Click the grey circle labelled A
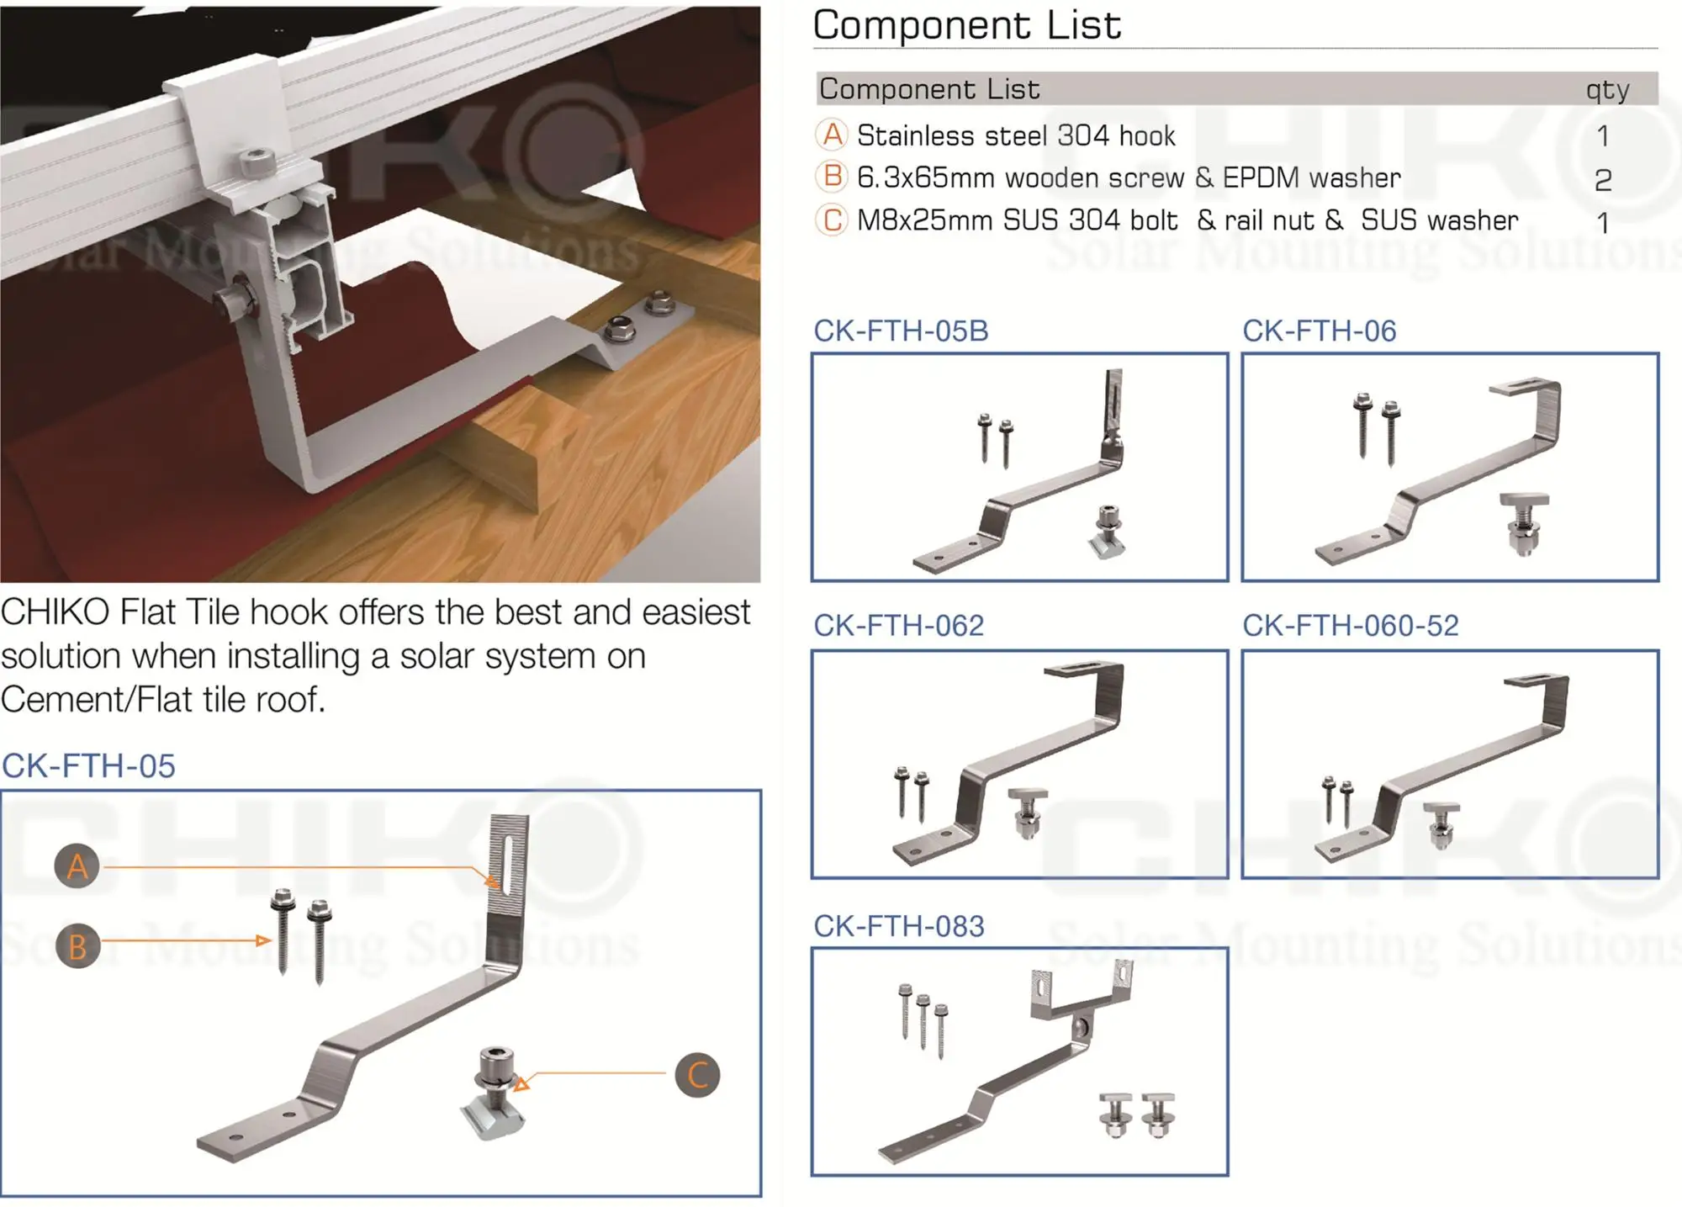click(77, 866)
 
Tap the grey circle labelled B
click(77, 945)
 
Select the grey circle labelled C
click(697, 1074)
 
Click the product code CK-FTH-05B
click(900, 331)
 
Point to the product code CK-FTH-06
click(1319, 331)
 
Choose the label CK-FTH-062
click(897, 625)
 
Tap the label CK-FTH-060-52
click(1350, 625)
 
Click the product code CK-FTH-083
click(897, 926)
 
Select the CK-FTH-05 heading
click(88, 766)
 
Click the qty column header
click(1607, 89)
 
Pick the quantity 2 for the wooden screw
click(1603, 179)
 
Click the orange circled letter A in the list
click(832, 135)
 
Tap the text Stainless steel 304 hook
click(1015, 135)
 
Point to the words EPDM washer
click(1311, 177)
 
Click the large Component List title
click(966, 25)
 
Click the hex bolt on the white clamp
click(253, 161)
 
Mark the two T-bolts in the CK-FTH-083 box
click(1137, 1114)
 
